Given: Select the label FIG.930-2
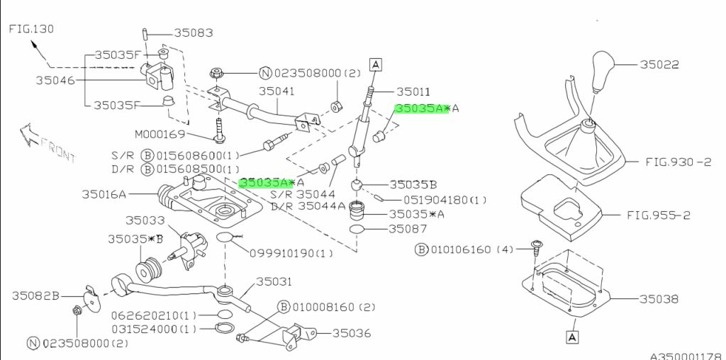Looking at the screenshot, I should (677, 162).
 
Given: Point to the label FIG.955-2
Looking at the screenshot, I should (659, 215).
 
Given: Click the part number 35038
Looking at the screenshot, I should (659, 299).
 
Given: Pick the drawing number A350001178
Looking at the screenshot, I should (686, 356).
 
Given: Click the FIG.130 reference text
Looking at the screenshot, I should (31, 29).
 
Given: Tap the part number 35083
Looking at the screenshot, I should (194, 33).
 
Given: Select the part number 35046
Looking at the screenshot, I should (55, 80).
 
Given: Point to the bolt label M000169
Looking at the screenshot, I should (160, 134).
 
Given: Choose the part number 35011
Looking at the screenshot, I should (413, 91).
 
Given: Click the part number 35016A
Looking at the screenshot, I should (104, 193).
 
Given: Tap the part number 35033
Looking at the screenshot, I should (145, 221).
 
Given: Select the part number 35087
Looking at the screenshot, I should (408, 229).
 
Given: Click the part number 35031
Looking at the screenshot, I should (274, 281).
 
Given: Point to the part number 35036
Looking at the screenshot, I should (352, 332).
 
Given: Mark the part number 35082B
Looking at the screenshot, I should (35, 296).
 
